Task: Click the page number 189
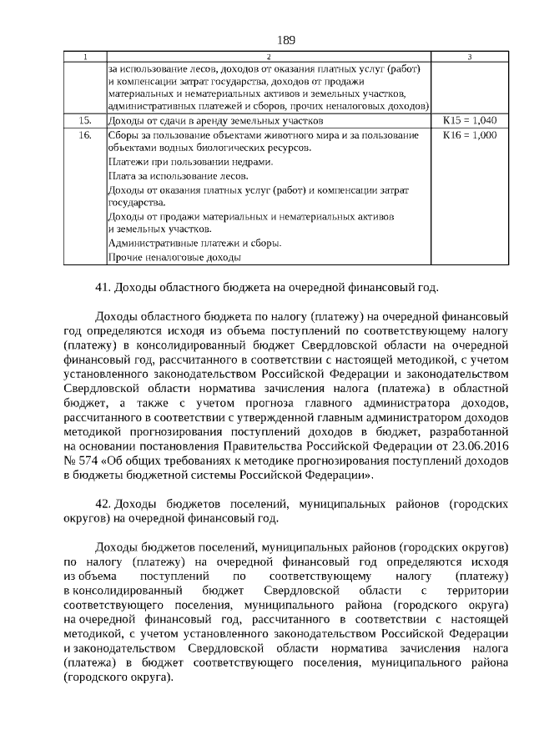click(x=286, y=39)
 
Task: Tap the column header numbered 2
click(x=268, y=56)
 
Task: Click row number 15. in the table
click(x=84, y=120)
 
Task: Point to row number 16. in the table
click(x=84, y=133)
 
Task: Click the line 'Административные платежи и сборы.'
click(x=194, y=244)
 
